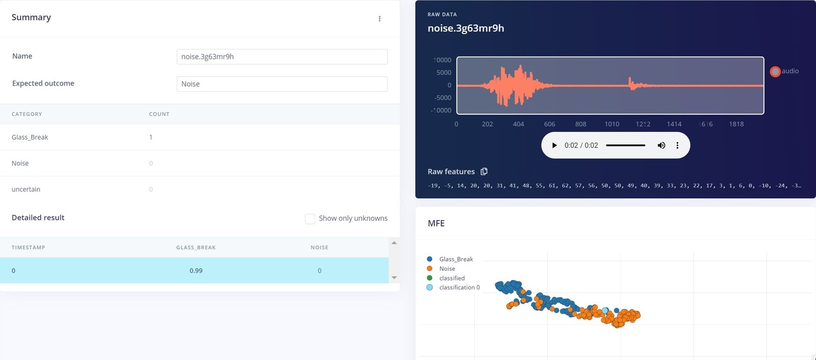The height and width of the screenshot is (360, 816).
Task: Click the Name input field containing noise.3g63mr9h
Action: pyautogui.click(x=282, y=57)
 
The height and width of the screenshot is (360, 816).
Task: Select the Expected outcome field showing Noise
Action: pyautogui.click(x=282, y=84)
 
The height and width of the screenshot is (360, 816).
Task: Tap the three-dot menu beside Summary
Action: pyautogui.click(x=379, y=19)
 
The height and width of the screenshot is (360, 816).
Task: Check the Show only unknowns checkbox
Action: pyautogui.click(x=310, y=219)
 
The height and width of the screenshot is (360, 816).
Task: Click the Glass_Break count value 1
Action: pyautogui.click(x=151, y=137)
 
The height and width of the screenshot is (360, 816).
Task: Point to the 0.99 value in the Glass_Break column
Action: pyautogui.click(x=196, y=271)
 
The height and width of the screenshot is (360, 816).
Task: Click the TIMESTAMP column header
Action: pyautogui.click(x=29, y=248)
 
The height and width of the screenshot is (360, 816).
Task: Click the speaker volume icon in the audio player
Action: pyautogui.click(x=661, y=145)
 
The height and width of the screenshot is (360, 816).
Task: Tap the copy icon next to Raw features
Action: pyautogui.click(x=484, y=171)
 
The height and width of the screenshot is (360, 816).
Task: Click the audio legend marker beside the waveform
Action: pyautogui.click(x=775, y=71)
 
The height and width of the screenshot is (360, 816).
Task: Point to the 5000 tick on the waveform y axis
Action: pyautogui.click(x=444, y=72)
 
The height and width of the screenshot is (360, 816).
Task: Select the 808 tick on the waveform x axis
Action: pyautogui.click(x=580, y=124)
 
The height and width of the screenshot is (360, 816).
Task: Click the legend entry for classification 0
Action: pyautogui.click(x=459, y=288)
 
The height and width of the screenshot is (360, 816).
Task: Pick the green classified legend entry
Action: pyautogui.click(x=452, y=278)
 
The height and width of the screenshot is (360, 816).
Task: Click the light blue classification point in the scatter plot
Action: pyautogui.click(x=605, y=311)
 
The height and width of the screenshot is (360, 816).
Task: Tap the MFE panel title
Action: pyautogui.click(x=436, y=223)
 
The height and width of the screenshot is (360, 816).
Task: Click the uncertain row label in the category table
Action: pyautogui.click(x=26, y=189)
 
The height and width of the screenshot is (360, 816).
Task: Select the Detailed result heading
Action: pyautogui.click(x=38, y=218)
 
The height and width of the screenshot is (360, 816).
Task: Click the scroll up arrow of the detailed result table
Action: pyautogui.click(x=394, y=243)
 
